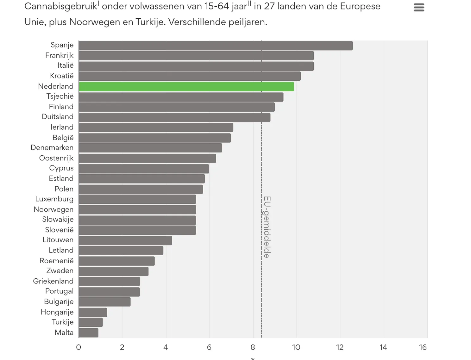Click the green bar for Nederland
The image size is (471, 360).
tap(186, 87)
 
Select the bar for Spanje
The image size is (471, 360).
tap(216, 46)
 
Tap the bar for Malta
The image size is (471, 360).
tap(89, 333)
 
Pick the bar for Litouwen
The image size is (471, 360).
tap(125, 240)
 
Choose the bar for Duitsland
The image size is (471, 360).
tap(174, 117)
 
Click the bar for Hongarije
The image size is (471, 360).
tap(93, 313)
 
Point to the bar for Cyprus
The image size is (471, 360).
tap(144, 169)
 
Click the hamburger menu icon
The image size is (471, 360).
tap(419, 8)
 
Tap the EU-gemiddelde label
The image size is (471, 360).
tap(267, 227)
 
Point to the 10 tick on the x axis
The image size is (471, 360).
tap(296, 347)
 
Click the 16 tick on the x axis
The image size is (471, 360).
tap(423, 347)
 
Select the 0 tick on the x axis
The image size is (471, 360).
tap(78, 347)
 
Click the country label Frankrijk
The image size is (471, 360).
tap(59, 56)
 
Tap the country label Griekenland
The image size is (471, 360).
tap(53, 281)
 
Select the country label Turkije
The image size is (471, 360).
tap(63, 322)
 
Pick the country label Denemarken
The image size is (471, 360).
tap(52, 148)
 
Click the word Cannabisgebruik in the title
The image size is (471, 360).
tap(60, 7)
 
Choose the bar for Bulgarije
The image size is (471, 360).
tap(104, 302)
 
